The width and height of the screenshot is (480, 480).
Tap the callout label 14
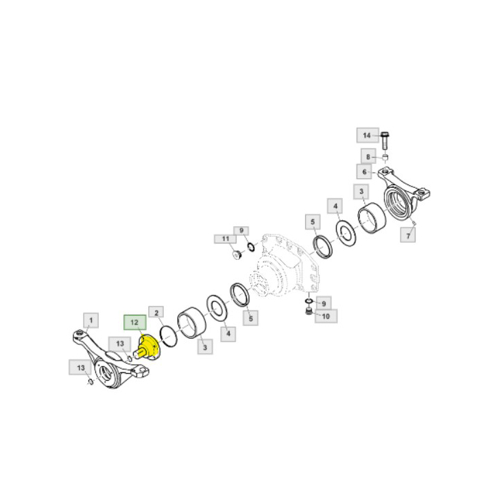365,134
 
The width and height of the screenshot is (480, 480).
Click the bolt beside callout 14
384,142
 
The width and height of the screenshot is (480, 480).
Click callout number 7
409,235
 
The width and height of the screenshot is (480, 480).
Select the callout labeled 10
325,316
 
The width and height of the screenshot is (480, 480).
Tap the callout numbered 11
224,239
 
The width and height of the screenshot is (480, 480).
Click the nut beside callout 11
237,256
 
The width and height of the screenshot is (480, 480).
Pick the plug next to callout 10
308,313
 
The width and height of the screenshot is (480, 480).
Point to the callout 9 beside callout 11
240,230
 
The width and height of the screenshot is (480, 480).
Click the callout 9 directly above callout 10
325,302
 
